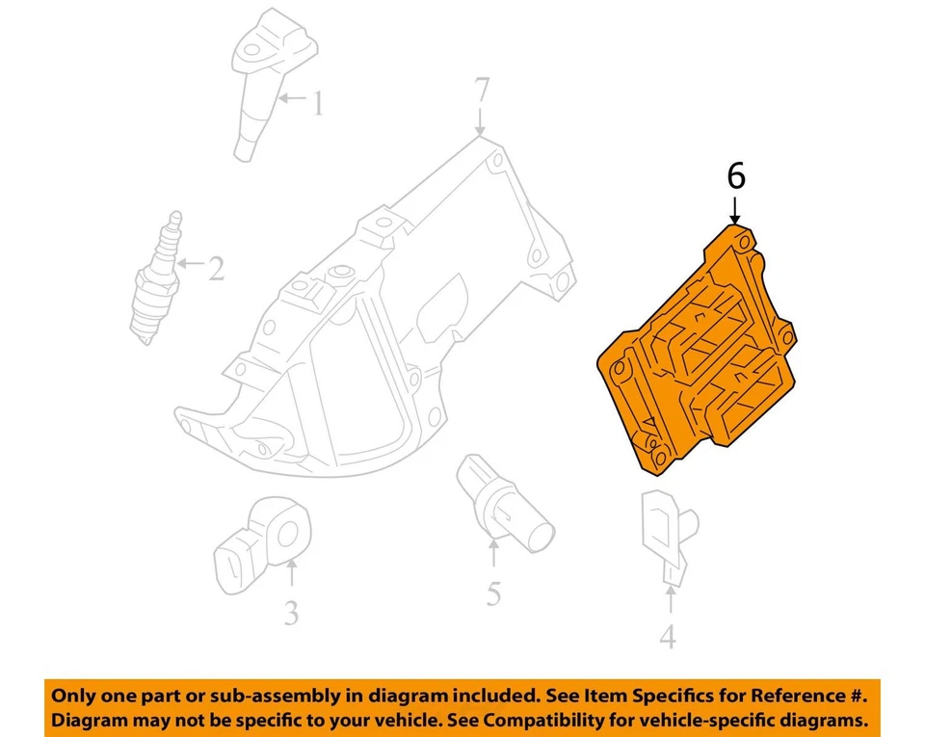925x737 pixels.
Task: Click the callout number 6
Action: click(735, 176)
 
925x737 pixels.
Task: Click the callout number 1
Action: click(317, 102)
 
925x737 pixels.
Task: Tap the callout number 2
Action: click(216, 268)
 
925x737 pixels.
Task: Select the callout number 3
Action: click(291, 612)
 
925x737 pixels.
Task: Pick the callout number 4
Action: click(668, 637)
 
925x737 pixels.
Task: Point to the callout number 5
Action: click(493, 593)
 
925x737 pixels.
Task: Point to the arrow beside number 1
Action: click(292, 98)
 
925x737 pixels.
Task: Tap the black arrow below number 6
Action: click(735, 209)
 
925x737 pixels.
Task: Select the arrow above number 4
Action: click(670, 600)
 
